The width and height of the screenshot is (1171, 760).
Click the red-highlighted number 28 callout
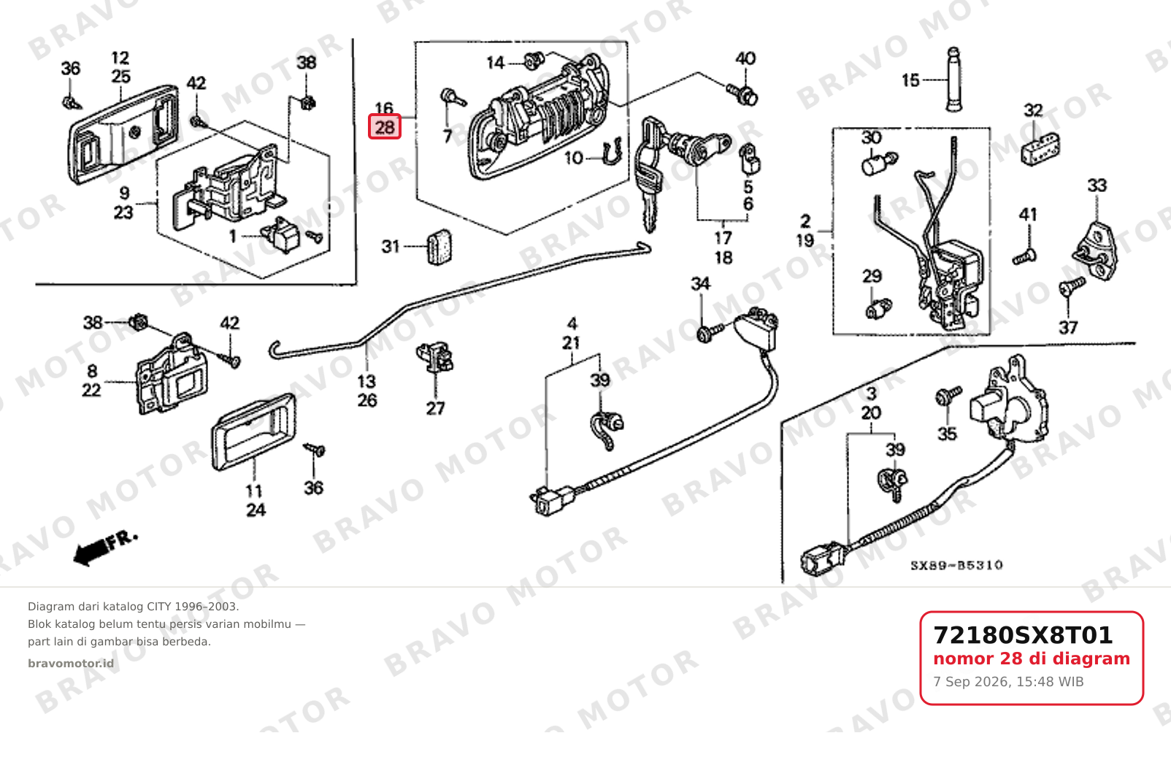click(x=384, y=127)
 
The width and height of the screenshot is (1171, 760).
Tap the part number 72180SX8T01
click(x=1023, y=636)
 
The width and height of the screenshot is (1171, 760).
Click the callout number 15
click(x=910, y=80)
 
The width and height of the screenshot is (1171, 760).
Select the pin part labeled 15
click(x=954, y=79)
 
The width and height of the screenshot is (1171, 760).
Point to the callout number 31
click(x=391, y=246)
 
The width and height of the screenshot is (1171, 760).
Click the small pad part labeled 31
click(x=439, y=247)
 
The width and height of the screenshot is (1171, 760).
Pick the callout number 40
click(x=745, y=58)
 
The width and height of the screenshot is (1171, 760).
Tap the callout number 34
click(x=700, y=284)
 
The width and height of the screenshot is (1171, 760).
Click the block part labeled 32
click(x=1040, y=149)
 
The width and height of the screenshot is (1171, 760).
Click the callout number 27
click(x=435, y=408)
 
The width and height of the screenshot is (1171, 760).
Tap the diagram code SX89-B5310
click(x=956, y=565)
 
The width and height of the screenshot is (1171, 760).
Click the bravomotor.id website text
click(x=71, y=664)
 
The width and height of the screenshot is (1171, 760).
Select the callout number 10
click(x=574, y=158)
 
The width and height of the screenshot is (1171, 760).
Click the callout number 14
click(x=495, y=64)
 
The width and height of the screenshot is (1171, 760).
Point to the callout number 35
click(x=947, y=434)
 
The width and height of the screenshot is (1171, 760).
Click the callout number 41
click(x=1028, y=215)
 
